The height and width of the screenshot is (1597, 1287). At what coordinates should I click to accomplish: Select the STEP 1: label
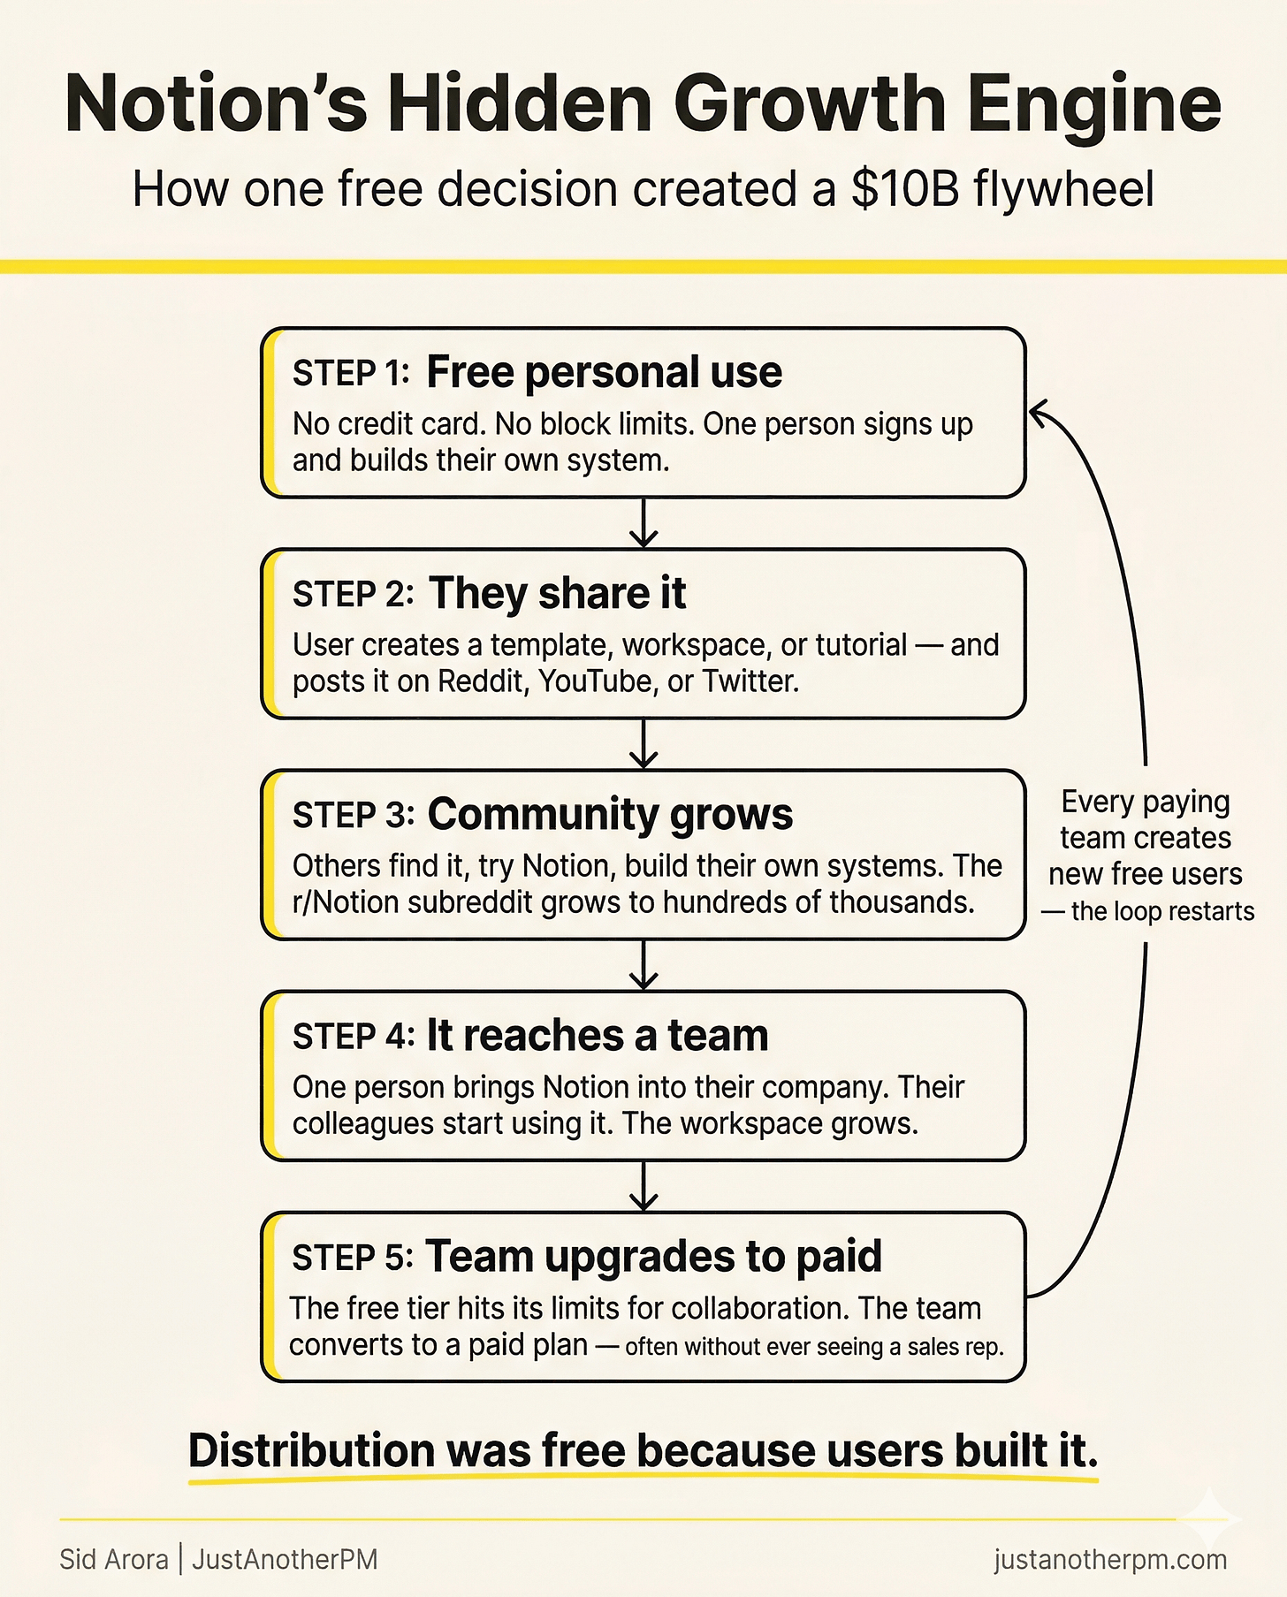coord(351,374)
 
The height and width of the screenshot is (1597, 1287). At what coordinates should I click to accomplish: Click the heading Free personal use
coord(604,372)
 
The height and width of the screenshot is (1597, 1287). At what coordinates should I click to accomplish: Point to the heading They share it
coord(557,593)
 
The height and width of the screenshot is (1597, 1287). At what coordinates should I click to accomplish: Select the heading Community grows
coord(610,814)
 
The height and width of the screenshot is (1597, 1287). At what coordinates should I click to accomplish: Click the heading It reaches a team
coord(598,1035)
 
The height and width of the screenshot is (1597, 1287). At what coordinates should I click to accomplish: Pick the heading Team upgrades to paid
coord(653,1256)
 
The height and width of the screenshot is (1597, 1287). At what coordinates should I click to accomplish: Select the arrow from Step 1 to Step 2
coord(643,524)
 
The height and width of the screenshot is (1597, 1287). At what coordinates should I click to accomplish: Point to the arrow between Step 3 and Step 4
coord(643,966)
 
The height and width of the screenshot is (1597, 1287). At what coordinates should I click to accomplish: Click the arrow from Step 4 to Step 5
coord(643,1187)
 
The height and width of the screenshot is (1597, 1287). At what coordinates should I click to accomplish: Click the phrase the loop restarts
coord(1162,911)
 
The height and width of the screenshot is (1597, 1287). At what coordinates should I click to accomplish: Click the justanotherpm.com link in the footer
coord(1110,1559)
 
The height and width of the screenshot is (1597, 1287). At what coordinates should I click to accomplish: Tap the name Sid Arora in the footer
coord(114,1559)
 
